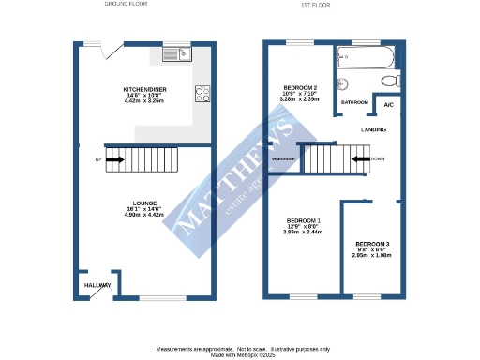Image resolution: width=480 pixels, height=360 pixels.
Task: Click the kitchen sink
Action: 175,55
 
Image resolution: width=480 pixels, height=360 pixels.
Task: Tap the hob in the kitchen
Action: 202,93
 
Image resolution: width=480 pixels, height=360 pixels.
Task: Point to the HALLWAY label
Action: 97,285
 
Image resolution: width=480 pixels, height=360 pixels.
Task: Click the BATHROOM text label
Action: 354,101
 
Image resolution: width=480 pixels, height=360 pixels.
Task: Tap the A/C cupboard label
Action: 388,105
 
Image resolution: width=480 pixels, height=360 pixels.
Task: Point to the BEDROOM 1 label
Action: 303,220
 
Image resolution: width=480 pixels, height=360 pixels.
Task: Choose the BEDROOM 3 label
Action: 372,244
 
